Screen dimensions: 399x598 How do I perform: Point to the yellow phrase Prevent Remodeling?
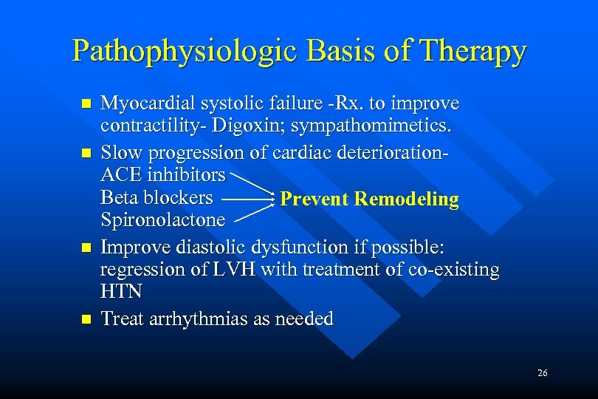(370, 199)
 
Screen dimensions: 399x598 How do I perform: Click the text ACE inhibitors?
(162, 175)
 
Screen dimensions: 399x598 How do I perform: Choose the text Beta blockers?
(157, 198)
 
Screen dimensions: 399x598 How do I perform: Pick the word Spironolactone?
(162, 220)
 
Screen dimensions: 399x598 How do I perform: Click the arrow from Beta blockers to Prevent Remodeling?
(247, 199)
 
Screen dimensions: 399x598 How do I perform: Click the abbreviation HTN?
(121, 292)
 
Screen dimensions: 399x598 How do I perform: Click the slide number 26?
(543, 374)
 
